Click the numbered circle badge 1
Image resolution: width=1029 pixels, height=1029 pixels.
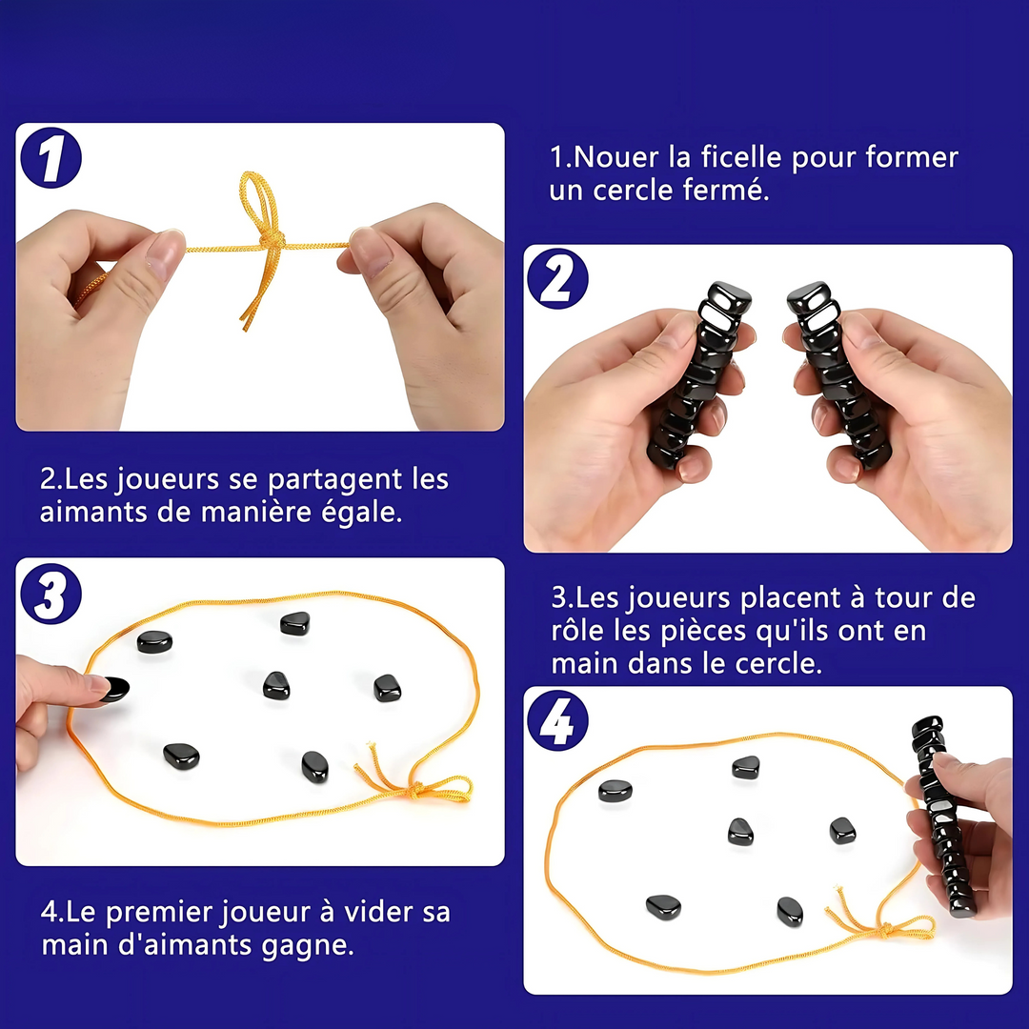[51, 158]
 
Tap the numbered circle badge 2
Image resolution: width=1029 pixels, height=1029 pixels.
[557, 279]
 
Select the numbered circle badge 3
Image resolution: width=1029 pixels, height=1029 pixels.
[51, 594]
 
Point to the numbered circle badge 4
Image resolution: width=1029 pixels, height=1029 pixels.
[557, 720]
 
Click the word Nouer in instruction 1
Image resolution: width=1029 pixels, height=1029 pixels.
[615, 157]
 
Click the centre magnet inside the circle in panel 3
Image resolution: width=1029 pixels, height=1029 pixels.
[276, 685]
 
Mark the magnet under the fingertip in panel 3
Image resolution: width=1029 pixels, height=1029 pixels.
[115, 689]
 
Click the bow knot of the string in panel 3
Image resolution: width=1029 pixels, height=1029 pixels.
[414, 790]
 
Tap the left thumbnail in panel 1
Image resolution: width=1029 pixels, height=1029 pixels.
[164, 253]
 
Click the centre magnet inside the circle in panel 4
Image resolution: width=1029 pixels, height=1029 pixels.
[740, 832]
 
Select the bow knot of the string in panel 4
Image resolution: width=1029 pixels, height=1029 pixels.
[886, 929]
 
